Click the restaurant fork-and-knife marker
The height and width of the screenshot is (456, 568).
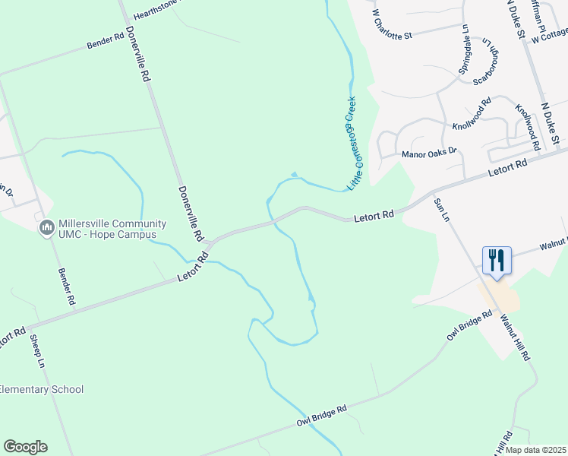(497, 260)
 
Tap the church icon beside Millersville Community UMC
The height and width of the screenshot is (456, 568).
(46, 226)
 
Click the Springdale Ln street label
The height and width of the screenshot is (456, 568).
(464, 49)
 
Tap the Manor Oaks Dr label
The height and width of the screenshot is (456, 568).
(429, 153)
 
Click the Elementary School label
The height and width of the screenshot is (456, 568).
(41, 390)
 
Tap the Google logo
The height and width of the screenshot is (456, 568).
(25, 447)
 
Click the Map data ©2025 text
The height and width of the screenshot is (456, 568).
(536, 450)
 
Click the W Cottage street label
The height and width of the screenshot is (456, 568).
(550, 35)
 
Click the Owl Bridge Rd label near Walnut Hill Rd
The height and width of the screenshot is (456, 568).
(471, 325)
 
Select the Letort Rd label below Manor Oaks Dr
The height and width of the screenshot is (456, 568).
(508, 168)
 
